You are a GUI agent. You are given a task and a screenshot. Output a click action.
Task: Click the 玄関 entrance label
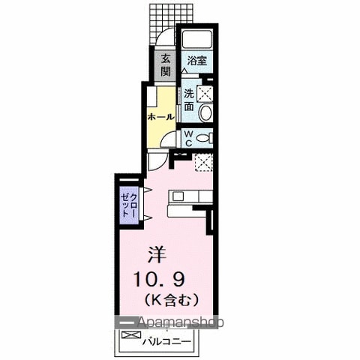click(x=166, y=65)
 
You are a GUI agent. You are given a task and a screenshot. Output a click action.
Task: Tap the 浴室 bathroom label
click(x=197, y=61)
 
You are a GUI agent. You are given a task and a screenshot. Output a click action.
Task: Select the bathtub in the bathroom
click(x=197, y=39)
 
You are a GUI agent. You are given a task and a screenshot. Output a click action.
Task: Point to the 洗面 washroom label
click(x=189, y=100)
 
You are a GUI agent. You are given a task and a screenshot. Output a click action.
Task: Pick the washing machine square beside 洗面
click(x=205, y=94)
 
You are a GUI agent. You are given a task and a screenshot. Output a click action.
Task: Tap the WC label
click(x=189, y=139)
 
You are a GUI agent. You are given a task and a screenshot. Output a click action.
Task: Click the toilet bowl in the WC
click(x=205, y=138)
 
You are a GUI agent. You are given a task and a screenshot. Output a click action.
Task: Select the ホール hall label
click(x=160, y=117)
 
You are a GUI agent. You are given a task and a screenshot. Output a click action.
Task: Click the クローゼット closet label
click(x=129, y=205)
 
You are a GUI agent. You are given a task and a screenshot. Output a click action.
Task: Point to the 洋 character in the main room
click(x=157, y=254)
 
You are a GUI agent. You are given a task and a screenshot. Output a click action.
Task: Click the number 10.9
click(x=160, y=279)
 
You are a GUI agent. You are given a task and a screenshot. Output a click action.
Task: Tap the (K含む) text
click(x=172, y=300)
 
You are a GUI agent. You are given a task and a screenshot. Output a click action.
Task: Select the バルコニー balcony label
click(x=166, y=341)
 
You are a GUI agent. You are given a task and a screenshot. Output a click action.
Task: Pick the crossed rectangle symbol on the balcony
click(x=131, y=335)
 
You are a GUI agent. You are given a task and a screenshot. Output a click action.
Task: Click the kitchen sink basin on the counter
click(x=178, y=196)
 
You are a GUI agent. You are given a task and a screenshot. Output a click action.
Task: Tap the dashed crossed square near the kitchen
click(x=204, y=162)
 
